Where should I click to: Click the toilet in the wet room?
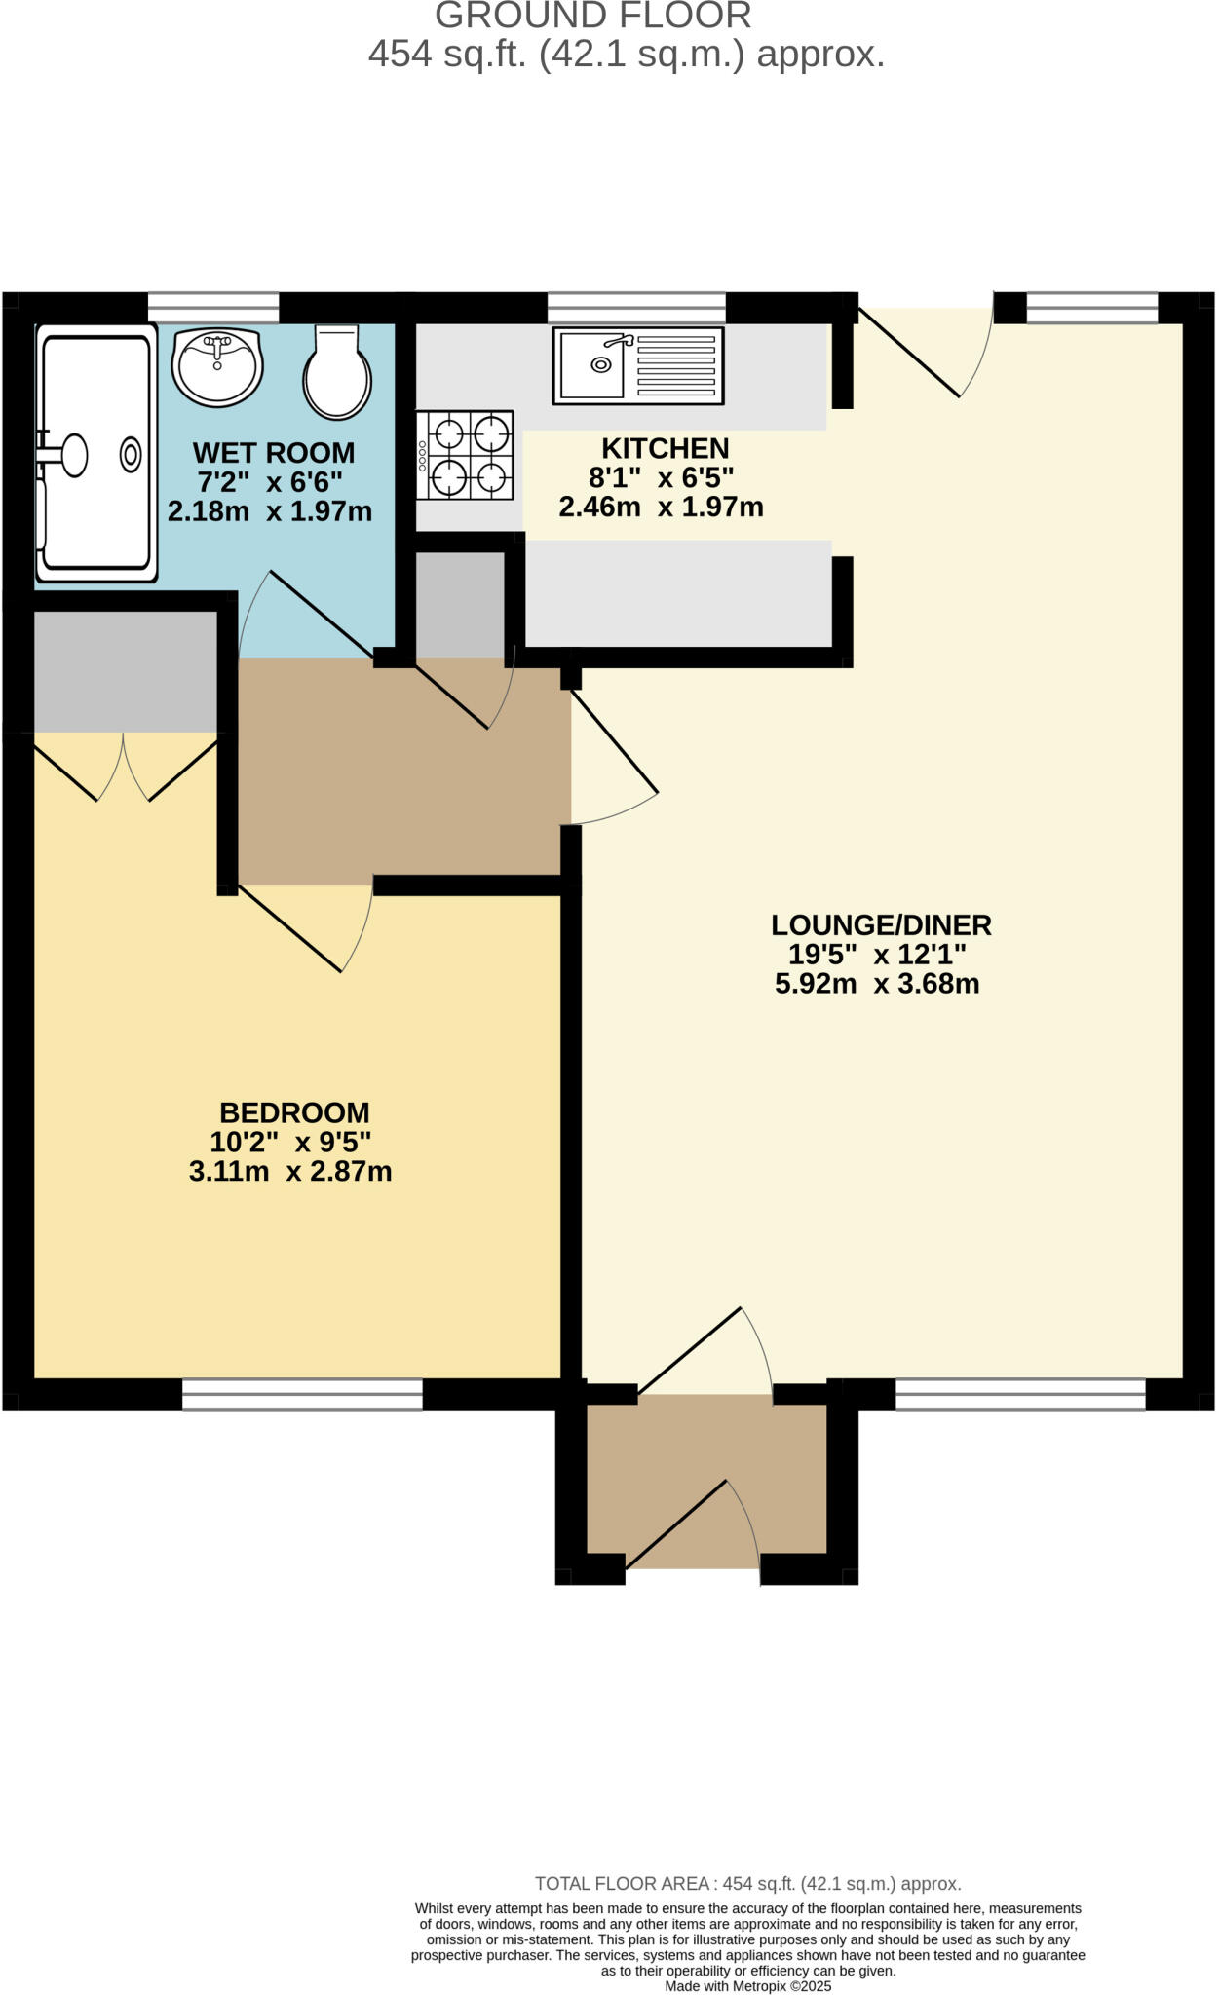337,374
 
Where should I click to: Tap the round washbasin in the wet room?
217,367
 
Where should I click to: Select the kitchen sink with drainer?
637,365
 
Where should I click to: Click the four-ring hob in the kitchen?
466,455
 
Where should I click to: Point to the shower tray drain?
131,455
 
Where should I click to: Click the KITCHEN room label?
665,448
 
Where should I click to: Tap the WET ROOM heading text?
273,453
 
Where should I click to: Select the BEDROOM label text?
294,1112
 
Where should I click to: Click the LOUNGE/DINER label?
881,924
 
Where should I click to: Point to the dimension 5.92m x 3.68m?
877,984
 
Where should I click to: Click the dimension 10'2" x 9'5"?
290,1142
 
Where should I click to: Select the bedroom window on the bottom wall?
302,1394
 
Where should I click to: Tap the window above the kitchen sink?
636,307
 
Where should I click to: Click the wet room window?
213,307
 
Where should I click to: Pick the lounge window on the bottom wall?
1020,1394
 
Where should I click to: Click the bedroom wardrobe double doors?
124,767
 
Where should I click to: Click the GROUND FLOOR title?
592,16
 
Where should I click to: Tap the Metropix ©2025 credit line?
747,1986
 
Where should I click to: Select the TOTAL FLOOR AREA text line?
747,1884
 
